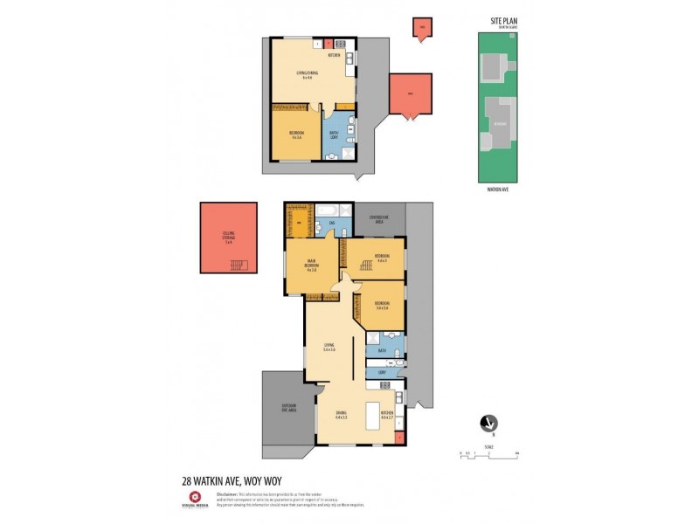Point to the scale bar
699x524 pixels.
[x=489, y=454]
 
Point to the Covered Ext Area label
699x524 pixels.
[x=378, y=219]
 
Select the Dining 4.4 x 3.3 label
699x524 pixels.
[x=342, y=416]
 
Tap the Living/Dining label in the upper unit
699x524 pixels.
[x=308, y=76]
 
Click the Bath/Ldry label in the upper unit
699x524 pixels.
[x=335, y=136]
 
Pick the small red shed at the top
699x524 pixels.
[x=422, y=29]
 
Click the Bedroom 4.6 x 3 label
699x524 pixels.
[x=381, y=258]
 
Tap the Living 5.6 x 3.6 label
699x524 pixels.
[x=329, y=347]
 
